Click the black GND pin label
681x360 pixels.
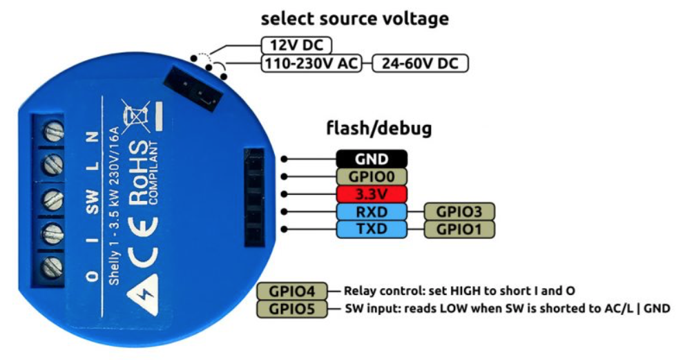372,158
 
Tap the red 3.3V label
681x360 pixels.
372,193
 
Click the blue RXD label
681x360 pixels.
372,211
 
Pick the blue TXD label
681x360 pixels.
372,229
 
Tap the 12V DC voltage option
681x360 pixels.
296,46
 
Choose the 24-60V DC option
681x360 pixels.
420,64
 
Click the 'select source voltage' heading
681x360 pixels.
354,19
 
